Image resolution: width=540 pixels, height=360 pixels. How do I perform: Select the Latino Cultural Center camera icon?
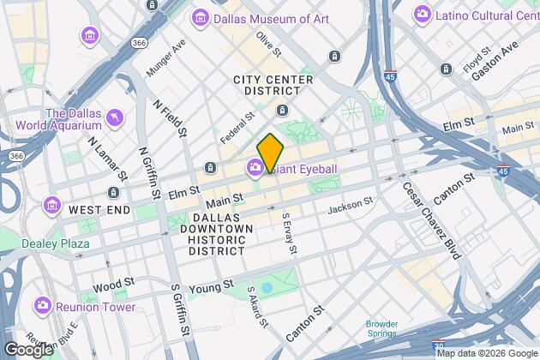point(422,14)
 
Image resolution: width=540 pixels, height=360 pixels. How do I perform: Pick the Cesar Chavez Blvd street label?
point(430,220)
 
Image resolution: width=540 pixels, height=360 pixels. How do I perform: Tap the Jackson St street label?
point(350,206)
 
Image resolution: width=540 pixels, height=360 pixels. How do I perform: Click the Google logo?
point(27,349)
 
